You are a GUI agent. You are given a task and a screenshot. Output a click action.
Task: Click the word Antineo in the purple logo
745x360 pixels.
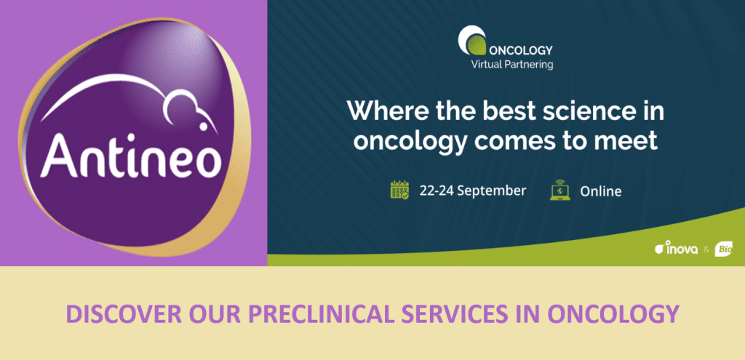(131, 156)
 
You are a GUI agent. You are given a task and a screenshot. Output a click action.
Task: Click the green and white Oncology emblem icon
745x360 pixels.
(471, 40)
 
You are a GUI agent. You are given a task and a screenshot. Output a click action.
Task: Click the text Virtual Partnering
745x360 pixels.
(511, 64)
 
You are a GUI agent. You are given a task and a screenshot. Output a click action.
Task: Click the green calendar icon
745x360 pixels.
(399, 190)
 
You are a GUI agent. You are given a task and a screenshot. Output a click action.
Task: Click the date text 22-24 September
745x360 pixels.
(472, 191)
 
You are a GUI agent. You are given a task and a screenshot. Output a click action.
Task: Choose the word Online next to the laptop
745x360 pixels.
(600, 191)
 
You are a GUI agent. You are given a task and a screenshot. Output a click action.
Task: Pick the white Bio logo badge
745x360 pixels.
(724, 249)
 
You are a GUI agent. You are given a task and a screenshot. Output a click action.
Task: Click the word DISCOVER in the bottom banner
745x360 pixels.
(123, 314)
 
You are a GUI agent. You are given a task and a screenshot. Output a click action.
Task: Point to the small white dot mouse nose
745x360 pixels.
(203, 127)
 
